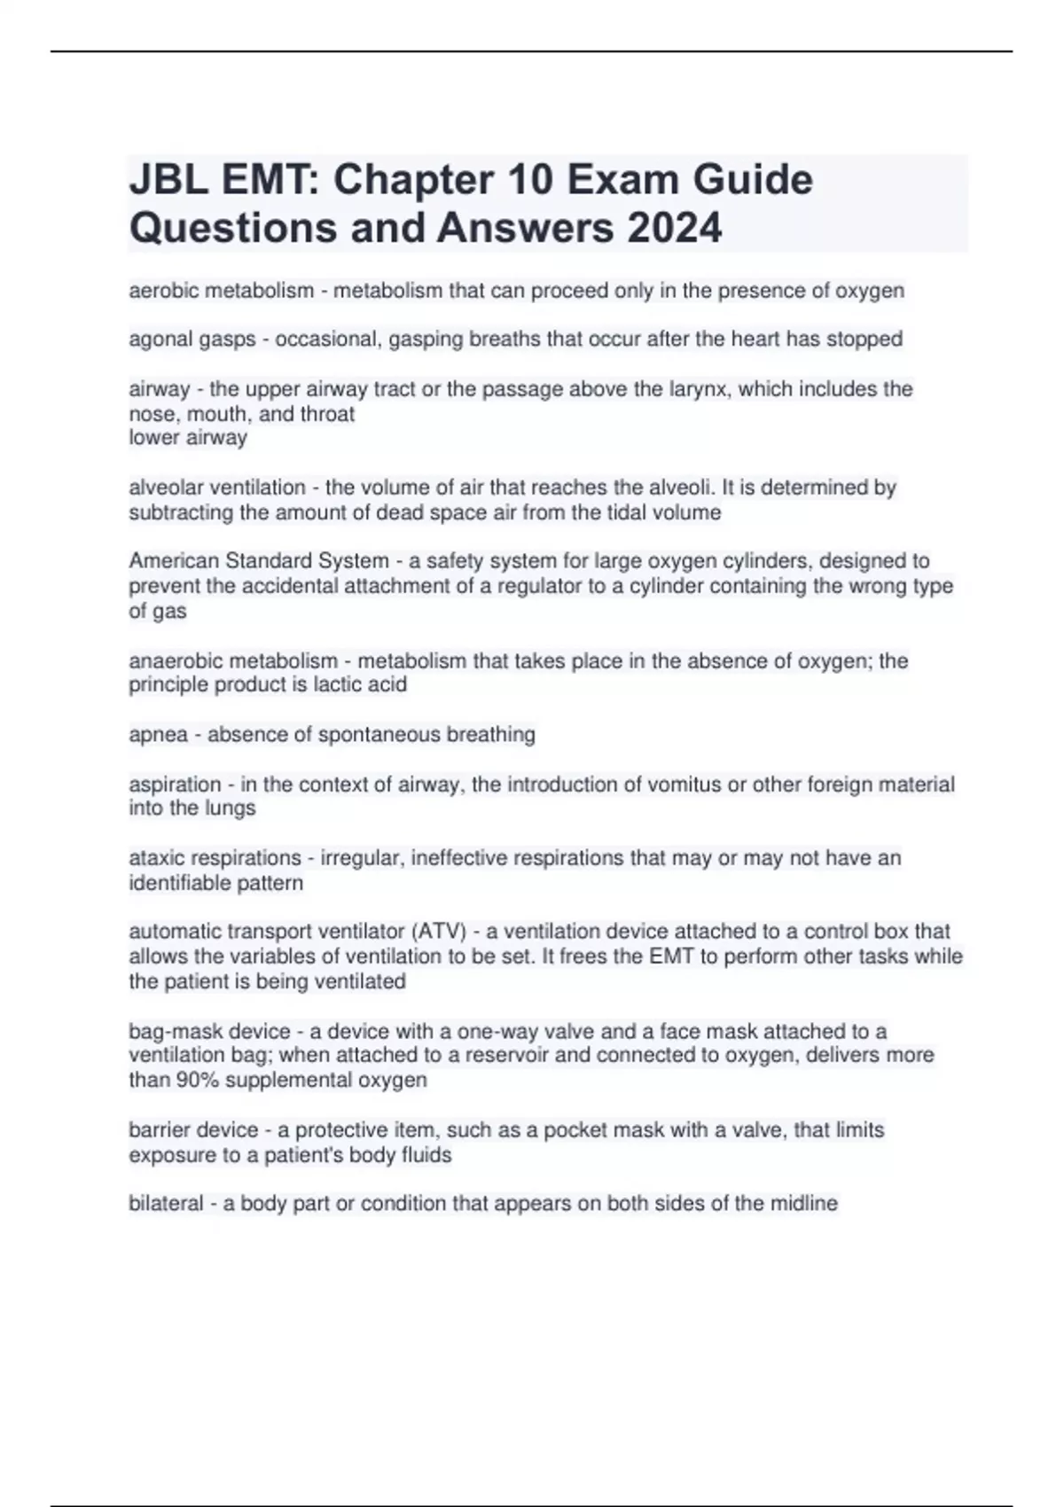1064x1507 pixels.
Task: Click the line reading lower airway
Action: coord(188,438)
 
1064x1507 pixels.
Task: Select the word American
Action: coord(174,561)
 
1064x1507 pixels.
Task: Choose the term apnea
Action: coord(159,735)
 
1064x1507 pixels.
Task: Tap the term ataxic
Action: coord(153,858)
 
